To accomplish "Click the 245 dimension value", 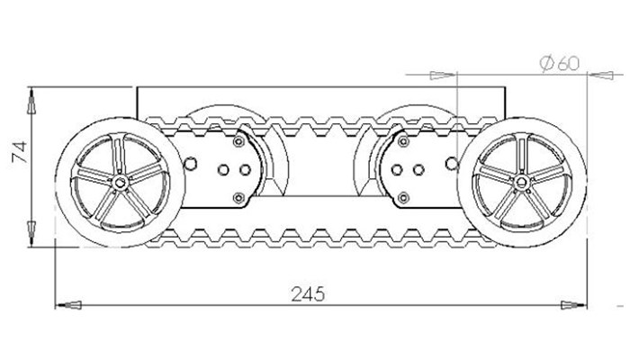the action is coord(308,294).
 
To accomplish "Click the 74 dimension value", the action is coord(19,152).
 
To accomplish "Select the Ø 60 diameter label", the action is coord(560,63).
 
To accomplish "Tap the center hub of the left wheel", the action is coord(120,184).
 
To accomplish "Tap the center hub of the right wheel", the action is coord(521,183).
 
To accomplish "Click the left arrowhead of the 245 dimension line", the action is coord(68,305).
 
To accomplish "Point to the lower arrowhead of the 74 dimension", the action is coord(31,234).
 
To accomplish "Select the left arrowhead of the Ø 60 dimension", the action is coord(443,75).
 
